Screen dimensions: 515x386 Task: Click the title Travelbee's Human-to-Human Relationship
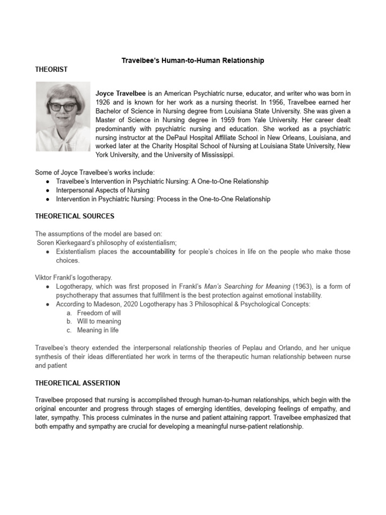click(193, 60)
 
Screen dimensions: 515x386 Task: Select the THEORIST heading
click(51, 69)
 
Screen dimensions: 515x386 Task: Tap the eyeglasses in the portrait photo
click(62, 106)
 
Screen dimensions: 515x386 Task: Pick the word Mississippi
click(213, 155)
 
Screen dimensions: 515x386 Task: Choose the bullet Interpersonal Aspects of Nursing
click(103, 190)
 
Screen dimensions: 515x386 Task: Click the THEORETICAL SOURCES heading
click(74, 216)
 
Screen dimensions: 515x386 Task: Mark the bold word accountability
click(153, 251)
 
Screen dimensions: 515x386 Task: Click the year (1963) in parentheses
click(302, 287)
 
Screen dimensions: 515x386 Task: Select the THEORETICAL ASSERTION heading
click(77, 383)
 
